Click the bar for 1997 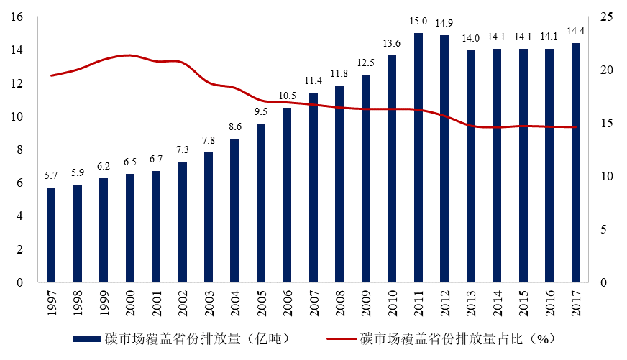[x=51, y=234]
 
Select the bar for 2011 [x=418, y=157]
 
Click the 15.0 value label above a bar [x=418, y=22]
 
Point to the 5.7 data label [x=51, y=177]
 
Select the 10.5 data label [x=287, y=96]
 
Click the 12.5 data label [x=365, y=63]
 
